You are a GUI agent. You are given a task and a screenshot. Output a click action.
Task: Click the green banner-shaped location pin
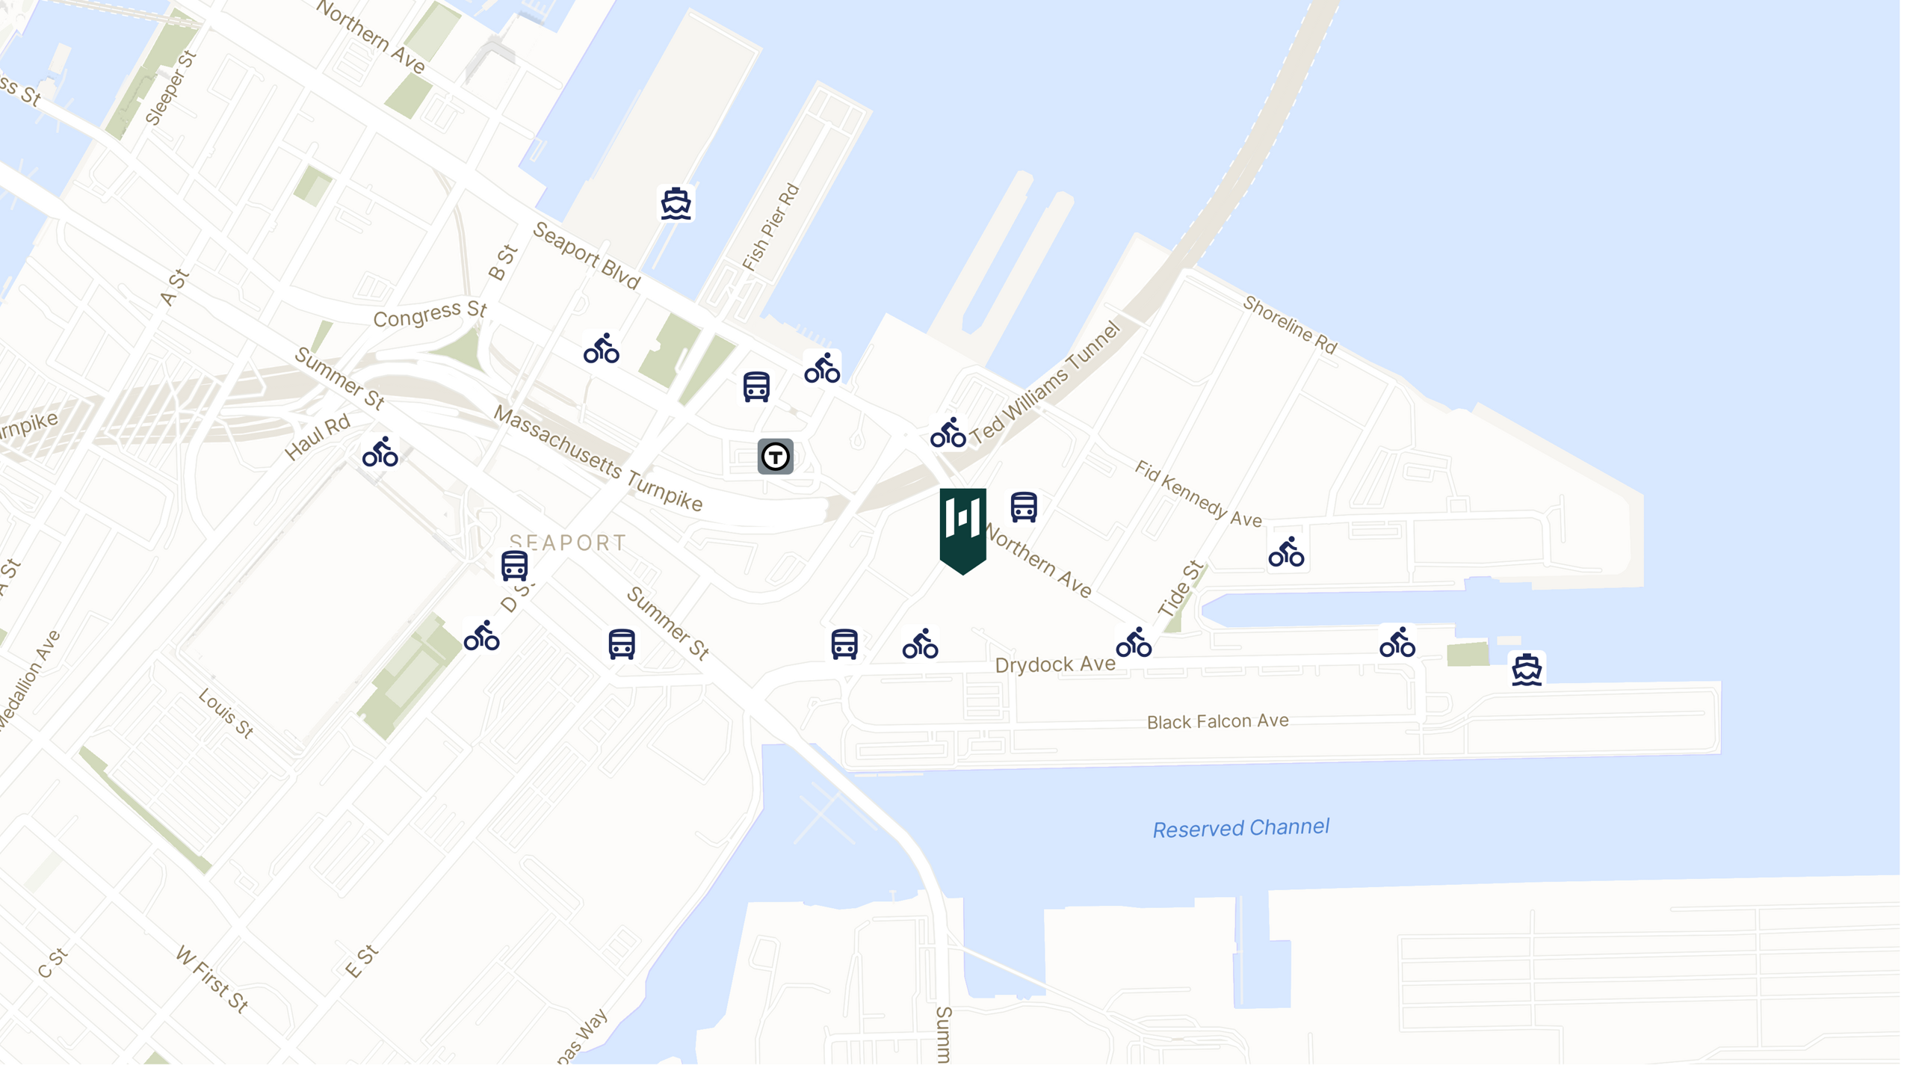tap(962, 527)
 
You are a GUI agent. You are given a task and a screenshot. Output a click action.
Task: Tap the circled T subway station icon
tap(775, 456)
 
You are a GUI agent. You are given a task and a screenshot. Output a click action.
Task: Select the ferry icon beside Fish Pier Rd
tap(676, 203)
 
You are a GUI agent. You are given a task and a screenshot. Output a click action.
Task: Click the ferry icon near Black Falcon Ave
tap(1526, 669)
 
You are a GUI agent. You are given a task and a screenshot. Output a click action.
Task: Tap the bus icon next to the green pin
tap(1023, 507)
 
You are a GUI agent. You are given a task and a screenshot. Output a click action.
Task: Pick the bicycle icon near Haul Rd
tap(380, 453)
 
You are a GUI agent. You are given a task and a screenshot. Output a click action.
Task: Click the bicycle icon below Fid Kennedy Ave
tap(1286, 552)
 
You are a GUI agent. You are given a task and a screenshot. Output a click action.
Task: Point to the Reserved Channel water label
tap(1240, 827)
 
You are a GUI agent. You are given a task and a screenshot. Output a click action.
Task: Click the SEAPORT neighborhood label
tap(567, 543)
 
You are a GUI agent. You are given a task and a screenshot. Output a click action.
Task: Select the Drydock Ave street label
tap(1054, 664)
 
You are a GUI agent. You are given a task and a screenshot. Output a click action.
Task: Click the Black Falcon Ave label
tap(1217, 721)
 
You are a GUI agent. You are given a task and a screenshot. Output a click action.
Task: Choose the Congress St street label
tap(430, 314)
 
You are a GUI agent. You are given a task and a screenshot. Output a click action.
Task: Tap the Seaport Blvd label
tap(587, 256)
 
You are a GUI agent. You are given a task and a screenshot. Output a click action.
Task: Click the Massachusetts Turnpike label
tap(598, 459)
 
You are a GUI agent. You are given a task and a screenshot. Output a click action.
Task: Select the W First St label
tap(212, 979)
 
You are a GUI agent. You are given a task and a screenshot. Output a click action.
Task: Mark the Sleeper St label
tap(170, 87)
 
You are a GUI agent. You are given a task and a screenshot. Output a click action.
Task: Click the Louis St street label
tap(226, 713)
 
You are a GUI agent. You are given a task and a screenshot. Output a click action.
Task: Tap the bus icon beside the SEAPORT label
tap(514, 566)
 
